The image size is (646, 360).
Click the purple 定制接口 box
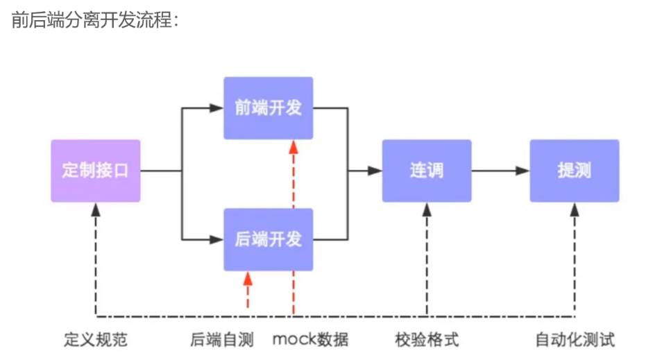[96, 171]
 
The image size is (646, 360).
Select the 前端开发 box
[268, 108]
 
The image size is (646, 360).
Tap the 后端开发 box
[268, 239]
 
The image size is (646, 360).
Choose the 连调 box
[426, 171]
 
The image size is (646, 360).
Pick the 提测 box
[575, 171]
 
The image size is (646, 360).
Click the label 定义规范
[96, 339]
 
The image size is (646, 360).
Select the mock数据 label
[310, 339]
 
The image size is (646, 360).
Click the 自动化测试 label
[575, 339]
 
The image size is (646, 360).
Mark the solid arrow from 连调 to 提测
[500, 171]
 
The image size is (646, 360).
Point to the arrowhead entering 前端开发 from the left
[216, 108]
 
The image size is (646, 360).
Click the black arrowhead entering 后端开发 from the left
[216, 240]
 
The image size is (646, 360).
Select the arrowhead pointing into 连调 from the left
[375, 171]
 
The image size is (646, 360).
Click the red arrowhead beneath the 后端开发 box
[248, 278]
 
